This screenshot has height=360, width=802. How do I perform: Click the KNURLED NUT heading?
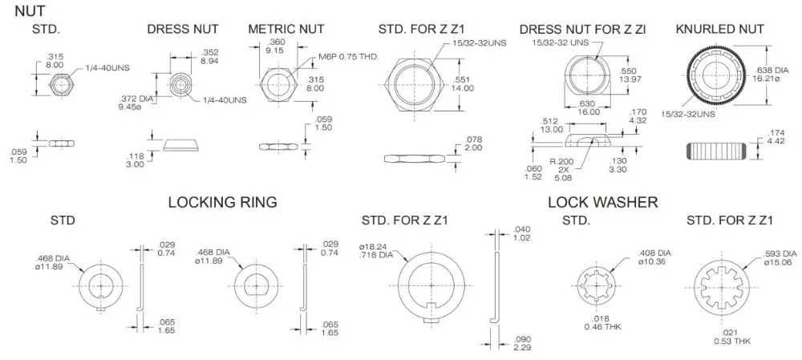click(719, 29)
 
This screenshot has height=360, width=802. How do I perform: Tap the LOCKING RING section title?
click(222, 203)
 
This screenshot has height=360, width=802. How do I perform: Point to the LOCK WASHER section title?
click(602, 203)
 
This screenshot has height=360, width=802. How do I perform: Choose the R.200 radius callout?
click(561, 162)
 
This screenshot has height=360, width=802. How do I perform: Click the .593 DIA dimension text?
click(780, 253)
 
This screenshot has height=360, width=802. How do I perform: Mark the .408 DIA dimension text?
click(654, 253)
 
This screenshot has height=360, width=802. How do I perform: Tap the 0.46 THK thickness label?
click(602, 326)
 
